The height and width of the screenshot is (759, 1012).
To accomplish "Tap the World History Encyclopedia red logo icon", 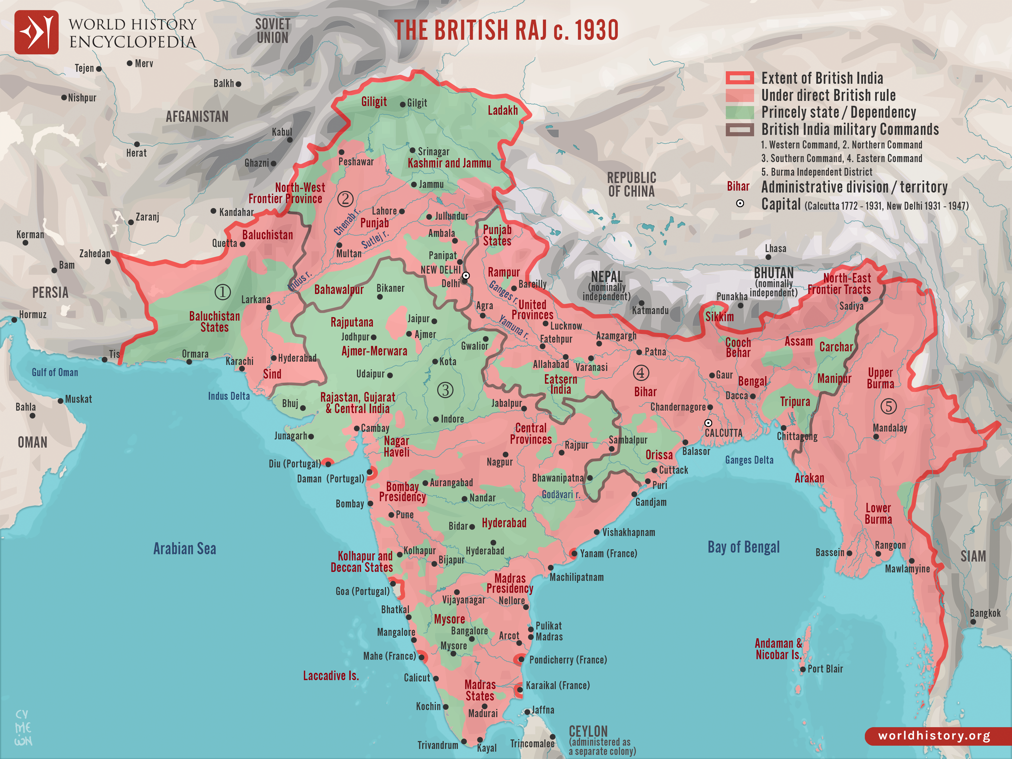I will pyautogui.click(x=37, y=32).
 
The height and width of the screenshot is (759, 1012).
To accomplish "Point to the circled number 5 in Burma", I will pyautogui.click(x=888, y=406).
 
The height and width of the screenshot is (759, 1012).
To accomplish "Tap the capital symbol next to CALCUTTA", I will pyautogui.click(x=708, y=423).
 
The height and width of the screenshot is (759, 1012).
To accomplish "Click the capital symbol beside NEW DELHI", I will pyautogui.click(x=466, y=275).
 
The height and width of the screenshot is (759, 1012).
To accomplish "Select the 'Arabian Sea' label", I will pyautogui.click(x=184, y=548).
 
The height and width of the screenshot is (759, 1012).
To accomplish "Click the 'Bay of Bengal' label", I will pyautogui.click(x=743, y=547).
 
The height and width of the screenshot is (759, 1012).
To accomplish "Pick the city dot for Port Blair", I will pyautogui.click(x=803, y=669).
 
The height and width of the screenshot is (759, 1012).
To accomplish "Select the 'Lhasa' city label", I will pyautogui.click(x=776, y=248).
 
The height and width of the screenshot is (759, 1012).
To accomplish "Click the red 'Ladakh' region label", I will pyautogui.click(x=502, y=110).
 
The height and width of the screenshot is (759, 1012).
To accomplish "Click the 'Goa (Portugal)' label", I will pyautogui.click(x=362, y=591).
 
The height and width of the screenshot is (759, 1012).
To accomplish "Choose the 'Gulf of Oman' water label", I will pyautogui.click(x=55, y=372).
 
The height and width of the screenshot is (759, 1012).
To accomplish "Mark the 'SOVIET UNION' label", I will pyautogui.click(x=273, y=31).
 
